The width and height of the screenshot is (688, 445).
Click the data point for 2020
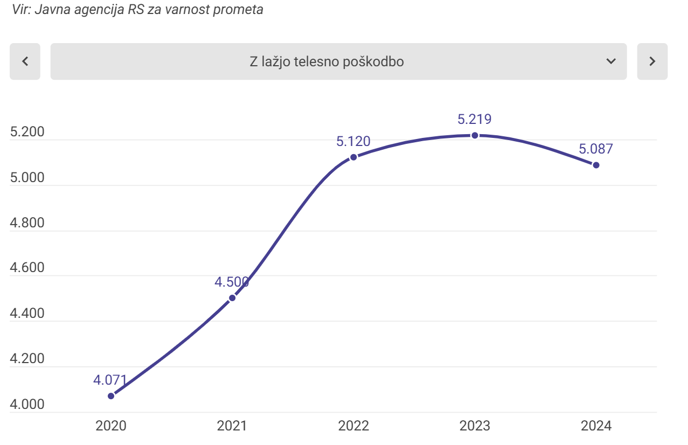(111, 396)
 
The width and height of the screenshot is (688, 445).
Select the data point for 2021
(232, 298)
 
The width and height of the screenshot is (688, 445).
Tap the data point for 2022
(353, 157)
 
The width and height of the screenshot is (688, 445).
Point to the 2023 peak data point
(475, 135)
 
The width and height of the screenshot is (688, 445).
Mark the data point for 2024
(596, 165)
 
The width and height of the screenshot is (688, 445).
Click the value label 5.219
(474, 119)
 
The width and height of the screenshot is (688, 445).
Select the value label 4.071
(110, 380)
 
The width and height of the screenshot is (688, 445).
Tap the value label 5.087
(596, 149)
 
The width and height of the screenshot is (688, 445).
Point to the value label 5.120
(353, 142)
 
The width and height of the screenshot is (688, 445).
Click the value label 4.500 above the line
(232, 282)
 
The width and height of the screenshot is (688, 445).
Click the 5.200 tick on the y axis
(27, 133)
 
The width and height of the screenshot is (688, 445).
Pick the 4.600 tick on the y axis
(27, 268)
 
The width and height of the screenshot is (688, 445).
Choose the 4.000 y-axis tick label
(27, 405)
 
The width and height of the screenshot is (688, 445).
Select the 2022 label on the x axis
(353, 426)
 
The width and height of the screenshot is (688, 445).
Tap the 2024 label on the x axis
(596, 426)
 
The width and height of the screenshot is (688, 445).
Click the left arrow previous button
(25, 61)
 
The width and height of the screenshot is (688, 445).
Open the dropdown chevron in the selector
(611, 61)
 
